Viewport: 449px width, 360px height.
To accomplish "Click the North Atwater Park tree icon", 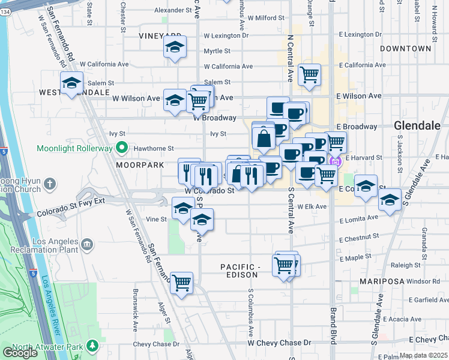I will coord(92,346).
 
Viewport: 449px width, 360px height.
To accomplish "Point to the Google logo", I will coord(19,353).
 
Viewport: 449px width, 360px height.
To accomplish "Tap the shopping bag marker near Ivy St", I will coord(264,139).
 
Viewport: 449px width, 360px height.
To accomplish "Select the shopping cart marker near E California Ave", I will coord(309,76).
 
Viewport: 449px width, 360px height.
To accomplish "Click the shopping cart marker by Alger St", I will coord(181,282).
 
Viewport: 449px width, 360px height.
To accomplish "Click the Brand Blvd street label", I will coord(332,324).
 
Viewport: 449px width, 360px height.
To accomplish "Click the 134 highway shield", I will coord(4,3).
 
